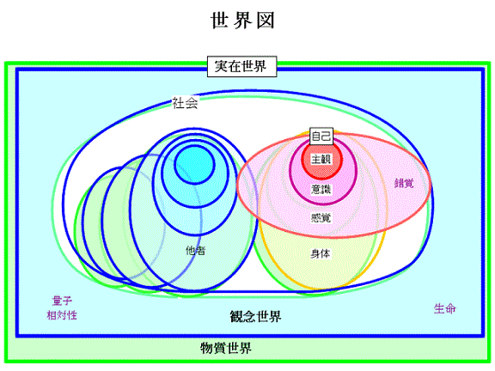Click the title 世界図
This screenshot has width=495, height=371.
point(242,21)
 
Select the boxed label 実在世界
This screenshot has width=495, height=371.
point(241,67)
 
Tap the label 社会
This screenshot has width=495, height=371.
point(185,103)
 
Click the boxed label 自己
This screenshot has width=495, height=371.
point(321,137)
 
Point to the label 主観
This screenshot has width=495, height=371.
point(321,159)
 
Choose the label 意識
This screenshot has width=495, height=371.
point(321,189)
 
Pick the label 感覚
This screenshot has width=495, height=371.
point(321,217)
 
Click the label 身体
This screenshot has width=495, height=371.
point(321,253)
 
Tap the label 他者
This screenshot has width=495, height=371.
point(196,251)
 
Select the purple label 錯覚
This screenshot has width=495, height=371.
point(404,183)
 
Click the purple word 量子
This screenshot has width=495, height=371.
point(62,301)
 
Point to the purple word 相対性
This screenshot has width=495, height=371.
point(62,315)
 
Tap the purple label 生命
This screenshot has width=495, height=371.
point(445,308)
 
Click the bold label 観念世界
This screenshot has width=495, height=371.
point(255,316)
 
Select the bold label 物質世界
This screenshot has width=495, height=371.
point(226,349)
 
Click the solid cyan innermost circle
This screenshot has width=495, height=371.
point(195,164)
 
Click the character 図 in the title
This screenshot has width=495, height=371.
point(266,21)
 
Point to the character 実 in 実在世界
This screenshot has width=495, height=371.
point(222,67)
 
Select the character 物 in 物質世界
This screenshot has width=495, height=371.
point(207,349)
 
